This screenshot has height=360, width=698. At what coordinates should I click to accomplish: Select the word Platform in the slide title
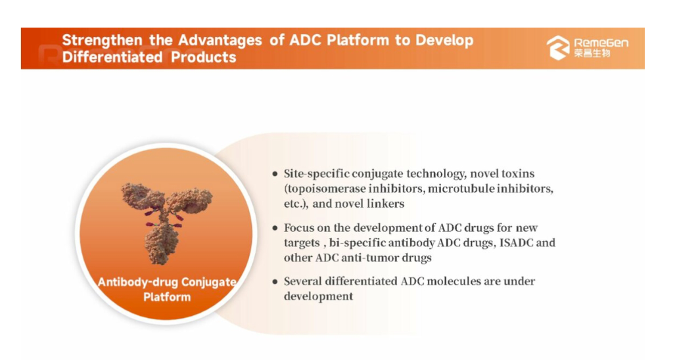tap(358, 40)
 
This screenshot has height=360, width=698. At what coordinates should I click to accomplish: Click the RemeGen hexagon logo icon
tap(558, 48)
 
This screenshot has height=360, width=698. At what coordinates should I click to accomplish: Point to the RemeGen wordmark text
tap(601, 43)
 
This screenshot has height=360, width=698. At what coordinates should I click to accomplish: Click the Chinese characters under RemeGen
tap(592, 53)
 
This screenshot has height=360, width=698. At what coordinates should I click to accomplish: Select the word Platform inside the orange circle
tap(167, 297)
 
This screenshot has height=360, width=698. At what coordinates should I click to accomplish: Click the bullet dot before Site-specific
tap(275, 173)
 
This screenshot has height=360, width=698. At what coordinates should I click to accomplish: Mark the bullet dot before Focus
tap(275, 228)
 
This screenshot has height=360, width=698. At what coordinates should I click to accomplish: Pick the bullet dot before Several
tap(275, 281)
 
